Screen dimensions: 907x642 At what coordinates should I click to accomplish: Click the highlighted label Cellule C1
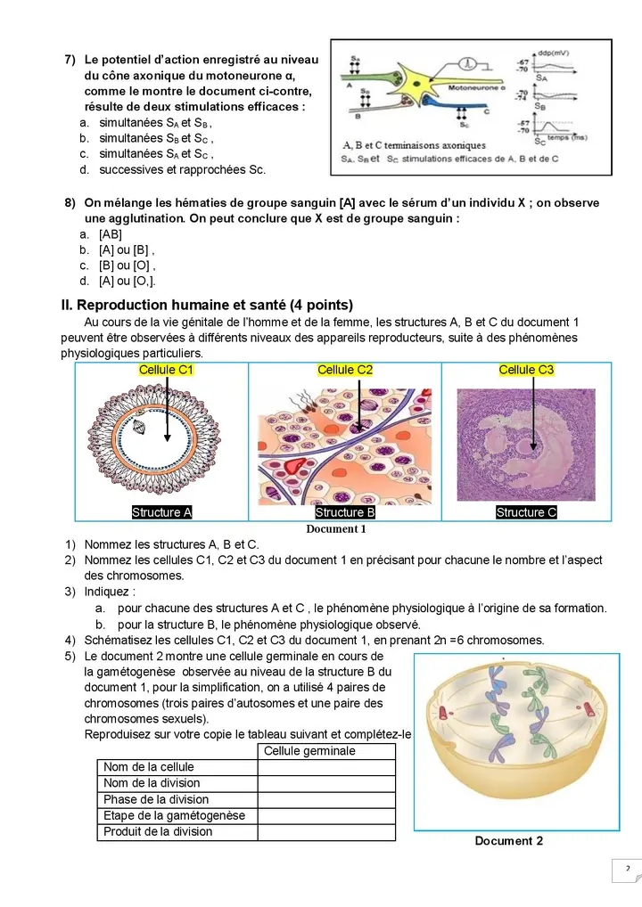167,370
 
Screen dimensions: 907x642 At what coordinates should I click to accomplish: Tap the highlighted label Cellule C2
345,370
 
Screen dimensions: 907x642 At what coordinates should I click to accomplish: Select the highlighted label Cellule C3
526,370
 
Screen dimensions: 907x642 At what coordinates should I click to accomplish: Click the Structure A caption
162,512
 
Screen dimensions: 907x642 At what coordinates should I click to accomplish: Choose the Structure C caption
526,512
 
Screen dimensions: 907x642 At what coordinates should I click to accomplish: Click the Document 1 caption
336,528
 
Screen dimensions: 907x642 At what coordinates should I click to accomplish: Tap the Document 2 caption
508,841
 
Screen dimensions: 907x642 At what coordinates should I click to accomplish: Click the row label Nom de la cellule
149,767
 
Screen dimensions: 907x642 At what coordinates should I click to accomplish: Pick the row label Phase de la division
156,799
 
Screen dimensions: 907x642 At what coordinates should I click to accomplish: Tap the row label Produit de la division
158,831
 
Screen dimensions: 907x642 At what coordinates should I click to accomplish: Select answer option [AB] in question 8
111,234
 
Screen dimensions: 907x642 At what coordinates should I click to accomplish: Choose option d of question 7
182,169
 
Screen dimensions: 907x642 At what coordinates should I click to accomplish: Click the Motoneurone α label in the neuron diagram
476,89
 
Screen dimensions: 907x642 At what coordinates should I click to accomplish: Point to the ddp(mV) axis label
555,52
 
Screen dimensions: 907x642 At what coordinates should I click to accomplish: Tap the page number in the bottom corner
627,869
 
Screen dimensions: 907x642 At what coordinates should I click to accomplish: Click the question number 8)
70,203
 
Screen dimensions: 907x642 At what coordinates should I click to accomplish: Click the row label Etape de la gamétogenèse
174,815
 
